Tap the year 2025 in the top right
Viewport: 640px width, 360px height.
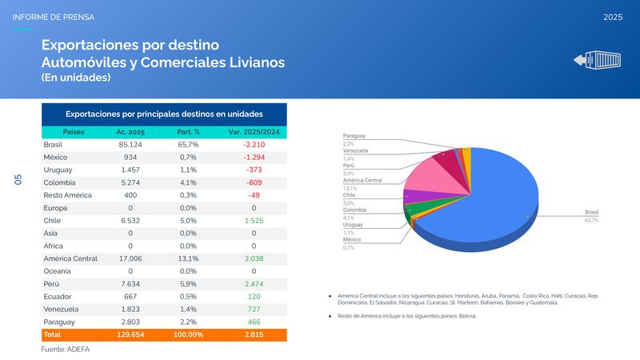(614, 17)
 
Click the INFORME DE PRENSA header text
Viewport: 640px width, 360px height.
(54, 17)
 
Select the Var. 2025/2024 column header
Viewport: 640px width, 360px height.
(253, 131)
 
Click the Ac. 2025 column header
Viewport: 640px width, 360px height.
(130, 131)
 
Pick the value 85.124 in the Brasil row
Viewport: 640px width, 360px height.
(130, 144)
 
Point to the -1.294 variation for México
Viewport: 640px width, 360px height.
(254, 157)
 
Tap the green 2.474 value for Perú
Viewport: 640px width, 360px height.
(254, 284)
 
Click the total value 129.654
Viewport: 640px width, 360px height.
(130, 334)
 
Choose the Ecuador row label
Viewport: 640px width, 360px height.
(58, 296)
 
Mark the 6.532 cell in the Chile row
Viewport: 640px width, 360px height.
(130, 220)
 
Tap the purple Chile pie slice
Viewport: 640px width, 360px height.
(417, 195)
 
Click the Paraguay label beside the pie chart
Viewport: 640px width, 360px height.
(354, 137)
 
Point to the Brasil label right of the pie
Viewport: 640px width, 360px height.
(591, 212)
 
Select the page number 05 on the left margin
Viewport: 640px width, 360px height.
(18, 180)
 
